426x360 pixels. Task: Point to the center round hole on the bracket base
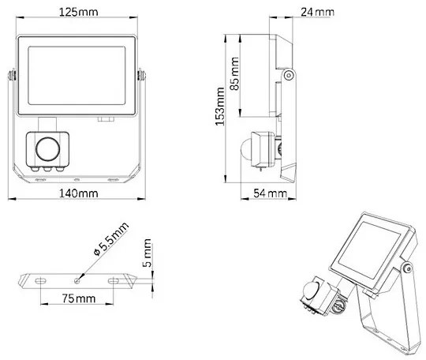[77, 279]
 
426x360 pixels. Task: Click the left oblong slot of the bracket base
[37, 279]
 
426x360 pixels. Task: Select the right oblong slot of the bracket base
[115, 279]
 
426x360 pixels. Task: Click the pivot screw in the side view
[290, 76]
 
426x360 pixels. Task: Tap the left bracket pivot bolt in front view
[11, 76]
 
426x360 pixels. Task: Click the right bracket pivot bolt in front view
[142, 76]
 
